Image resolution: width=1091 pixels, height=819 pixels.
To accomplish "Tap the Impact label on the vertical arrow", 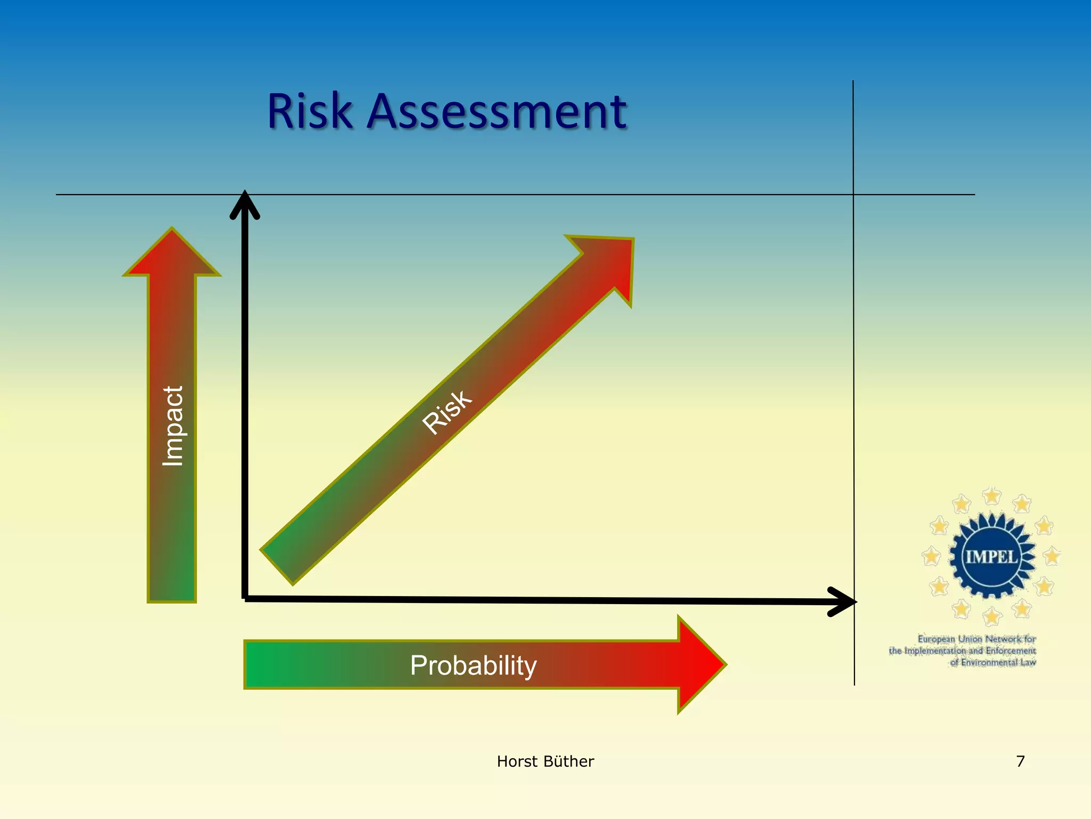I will [x=173, y=426].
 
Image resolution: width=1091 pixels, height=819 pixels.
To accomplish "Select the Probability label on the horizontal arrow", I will [x=473, y=665].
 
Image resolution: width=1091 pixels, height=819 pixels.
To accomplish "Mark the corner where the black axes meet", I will [x=245, y=598].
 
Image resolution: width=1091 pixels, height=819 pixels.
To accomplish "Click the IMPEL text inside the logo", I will [x=991, y=557].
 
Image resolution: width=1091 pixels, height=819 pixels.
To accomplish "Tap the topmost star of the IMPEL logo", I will [x=991, y=496].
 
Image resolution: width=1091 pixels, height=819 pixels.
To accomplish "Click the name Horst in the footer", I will [x=516, y=761].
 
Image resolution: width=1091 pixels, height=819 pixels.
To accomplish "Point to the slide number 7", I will [x=1020, y=761].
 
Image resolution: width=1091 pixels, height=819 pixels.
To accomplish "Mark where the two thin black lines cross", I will [x=853, y=195].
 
